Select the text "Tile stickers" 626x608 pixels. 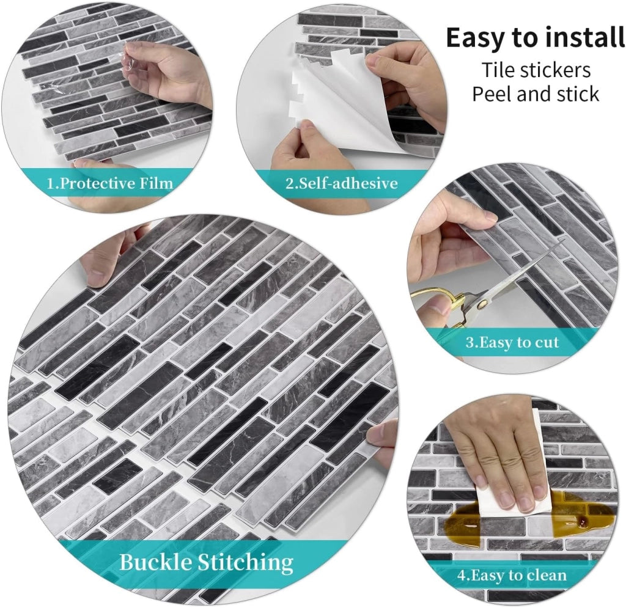(536, 70)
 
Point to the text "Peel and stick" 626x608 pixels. (536, 94)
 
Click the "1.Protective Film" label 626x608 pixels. (110, 183)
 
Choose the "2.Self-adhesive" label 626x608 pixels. (342, 183)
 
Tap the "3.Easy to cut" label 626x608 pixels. (512, 342)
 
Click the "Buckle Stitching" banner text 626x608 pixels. (207, 562)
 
